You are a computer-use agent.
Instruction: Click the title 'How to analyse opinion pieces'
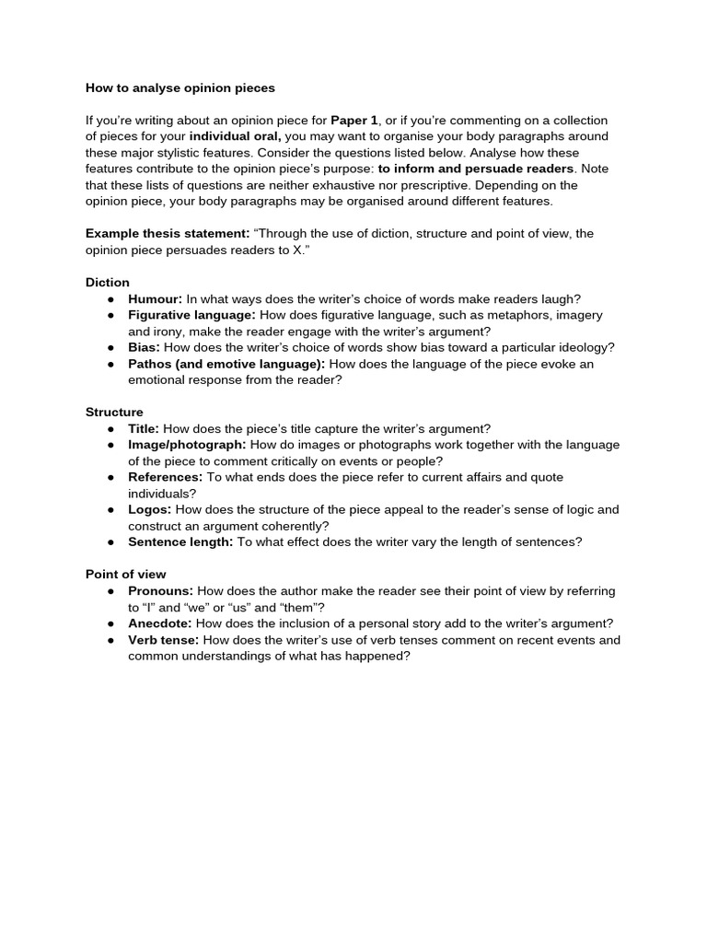coord(180,88)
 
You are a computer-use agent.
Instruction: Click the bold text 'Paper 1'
coord(354,121)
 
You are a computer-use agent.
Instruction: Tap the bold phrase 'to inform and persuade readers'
coord(476,169)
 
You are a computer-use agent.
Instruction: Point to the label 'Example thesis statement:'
coord(168,234)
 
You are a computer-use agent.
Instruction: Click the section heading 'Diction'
coord(108,283)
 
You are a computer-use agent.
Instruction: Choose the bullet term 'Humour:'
coord(156,298)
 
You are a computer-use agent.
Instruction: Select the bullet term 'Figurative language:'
coord(191,315)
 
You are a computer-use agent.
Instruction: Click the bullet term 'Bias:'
coord(145,347)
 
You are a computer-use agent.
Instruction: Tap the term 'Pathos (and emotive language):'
coord(226,364)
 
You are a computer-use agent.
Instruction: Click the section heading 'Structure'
coord(114,412)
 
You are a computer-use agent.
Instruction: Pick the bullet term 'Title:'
coord(144,428)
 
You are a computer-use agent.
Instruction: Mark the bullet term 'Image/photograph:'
coord(187,445)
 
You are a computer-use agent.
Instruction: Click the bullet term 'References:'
coord(166,477)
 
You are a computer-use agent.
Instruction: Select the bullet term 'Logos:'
coord(149,509)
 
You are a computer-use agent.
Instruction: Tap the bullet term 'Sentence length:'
coord(180,542)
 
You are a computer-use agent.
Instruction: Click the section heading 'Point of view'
coord(126,575)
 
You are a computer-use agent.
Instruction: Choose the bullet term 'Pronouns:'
coord(161,591)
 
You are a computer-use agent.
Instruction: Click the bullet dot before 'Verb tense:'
coord(110,640)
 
